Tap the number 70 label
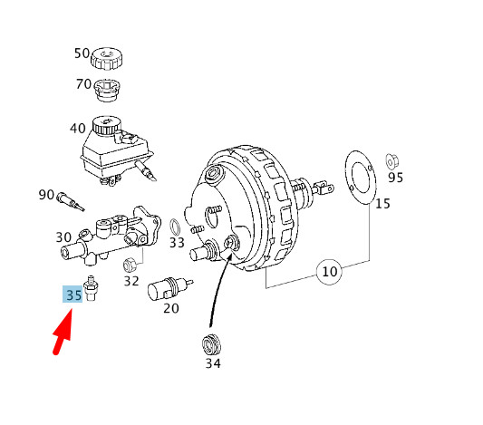point(82,85)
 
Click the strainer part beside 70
point(107,92)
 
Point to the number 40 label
point(77,129)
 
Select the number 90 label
point(46,195)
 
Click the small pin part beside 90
point(70,198)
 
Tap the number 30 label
point(63,237)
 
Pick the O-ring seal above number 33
point(174,226)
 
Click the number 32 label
point(131,282)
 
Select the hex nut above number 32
point(130,265)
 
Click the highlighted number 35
point(73,295)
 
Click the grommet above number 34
point(211,345)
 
